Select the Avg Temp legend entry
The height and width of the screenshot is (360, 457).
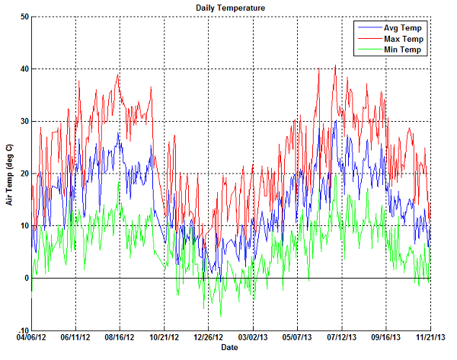404,27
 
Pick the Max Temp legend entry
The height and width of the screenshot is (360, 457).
404,38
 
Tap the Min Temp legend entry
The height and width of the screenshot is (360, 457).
404,49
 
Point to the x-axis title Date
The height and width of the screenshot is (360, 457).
229,347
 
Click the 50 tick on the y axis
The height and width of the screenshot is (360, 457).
24,17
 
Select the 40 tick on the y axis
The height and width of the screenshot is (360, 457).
24,69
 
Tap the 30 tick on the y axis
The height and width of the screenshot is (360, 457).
24,122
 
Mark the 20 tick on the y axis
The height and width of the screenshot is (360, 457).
24,174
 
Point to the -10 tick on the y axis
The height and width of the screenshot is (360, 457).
23,330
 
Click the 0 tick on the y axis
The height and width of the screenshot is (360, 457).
27,279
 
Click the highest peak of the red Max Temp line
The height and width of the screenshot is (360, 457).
335,65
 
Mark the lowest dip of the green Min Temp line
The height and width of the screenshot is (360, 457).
221,316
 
